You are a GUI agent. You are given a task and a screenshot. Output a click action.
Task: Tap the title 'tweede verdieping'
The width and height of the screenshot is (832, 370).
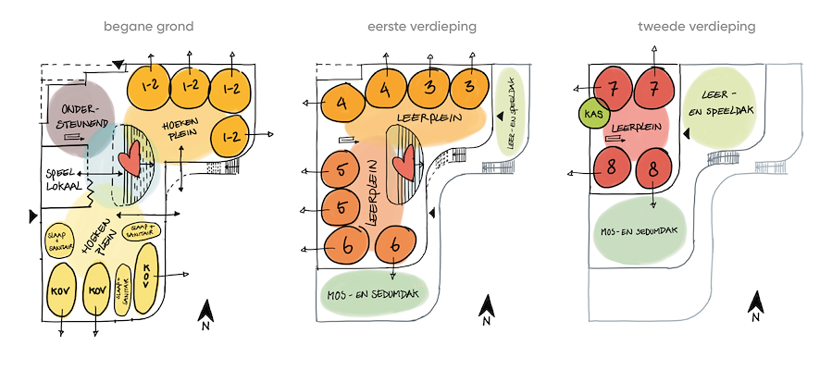click(x=696, y=27)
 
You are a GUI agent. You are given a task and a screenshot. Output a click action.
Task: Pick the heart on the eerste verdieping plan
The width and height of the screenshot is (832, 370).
click(x=404, y=165)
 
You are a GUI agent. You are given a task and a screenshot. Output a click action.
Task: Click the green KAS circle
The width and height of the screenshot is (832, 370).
click(x=592, y=115)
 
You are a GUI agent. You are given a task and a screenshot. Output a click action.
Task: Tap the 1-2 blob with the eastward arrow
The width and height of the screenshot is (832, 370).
click(x=231, y=137)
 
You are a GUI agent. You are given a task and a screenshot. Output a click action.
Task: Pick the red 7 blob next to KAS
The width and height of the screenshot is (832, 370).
click(x=613, y=89)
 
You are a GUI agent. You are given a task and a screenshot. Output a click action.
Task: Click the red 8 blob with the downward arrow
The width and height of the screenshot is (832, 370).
click(x=654, y=170)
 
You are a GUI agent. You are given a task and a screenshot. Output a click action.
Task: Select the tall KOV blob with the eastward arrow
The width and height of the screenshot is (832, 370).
click(x=147, y=276)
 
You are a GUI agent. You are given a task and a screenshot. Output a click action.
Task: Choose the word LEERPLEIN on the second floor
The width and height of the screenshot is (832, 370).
click(x=640, y=125)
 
